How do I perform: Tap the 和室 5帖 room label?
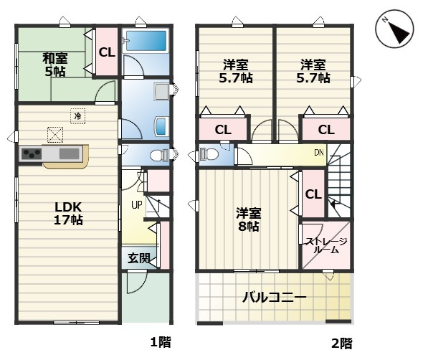54,65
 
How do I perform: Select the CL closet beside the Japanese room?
106,52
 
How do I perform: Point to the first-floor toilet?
158,154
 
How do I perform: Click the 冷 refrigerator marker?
77,113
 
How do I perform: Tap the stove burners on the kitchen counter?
31,153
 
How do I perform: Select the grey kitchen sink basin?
70,153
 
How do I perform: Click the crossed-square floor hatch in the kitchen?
55,133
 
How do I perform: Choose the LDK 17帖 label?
69,213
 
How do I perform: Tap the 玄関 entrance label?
139,258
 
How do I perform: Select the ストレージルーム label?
326,246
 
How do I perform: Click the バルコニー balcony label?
274,297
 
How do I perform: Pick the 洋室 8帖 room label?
249,219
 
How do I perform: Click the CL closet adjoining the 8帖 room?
313,194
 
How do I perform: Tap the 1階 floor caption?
161,343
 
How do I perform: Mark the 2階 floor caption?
341,343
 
